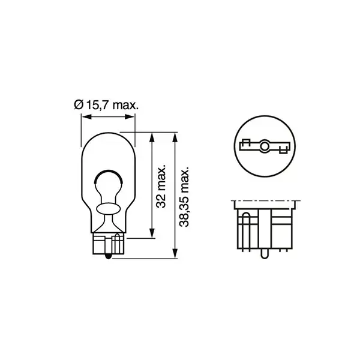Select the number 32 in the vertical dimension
160,203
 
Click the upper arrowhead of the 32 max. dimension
151,136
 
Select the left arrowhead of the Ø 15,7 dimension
83,117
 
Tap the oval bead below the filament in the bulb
108,208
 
